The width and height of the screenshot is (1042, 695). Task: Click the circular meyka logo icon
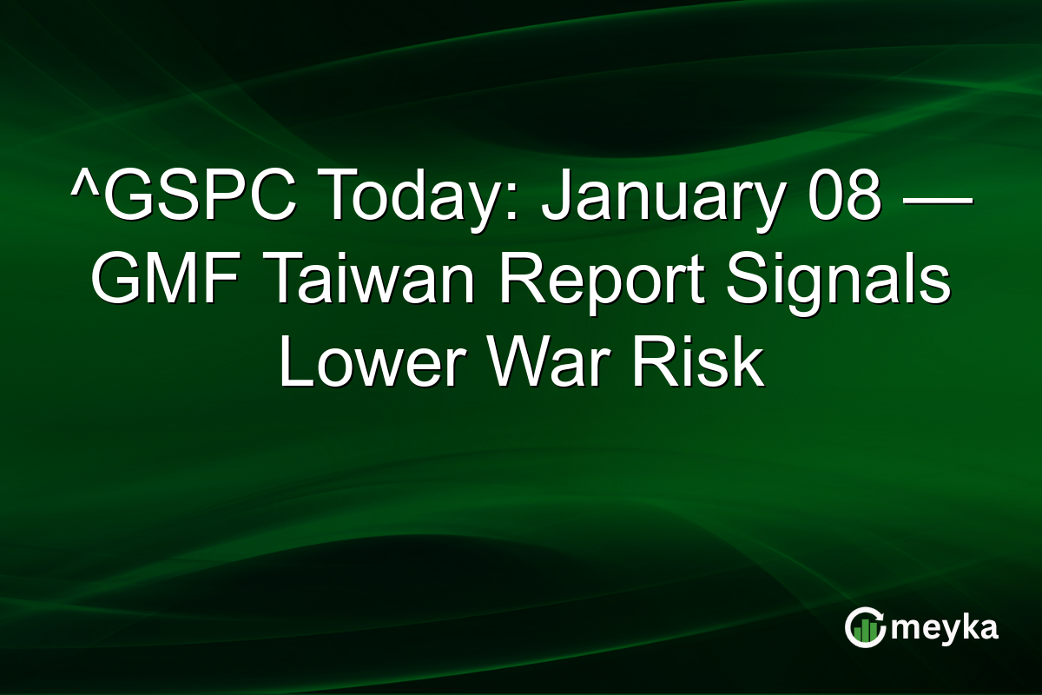tap(865, 627)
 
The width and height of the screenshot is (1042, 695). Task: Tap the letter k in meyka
tap(969, 626)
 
